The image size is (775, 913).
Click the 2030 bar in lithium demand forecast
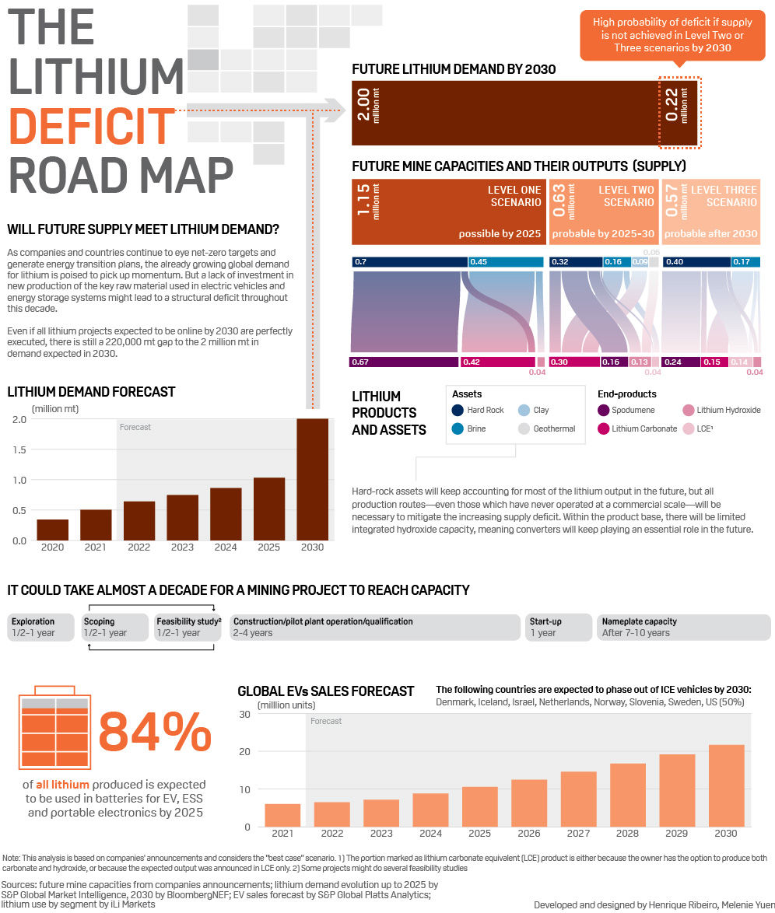313,479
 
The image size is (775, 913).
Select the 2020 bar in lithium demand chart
52,529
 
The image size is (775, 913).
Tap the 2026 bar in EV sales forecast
529,803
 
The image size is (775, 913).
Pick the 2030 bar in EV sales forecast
726,785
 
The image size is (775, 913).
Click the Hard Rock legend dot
458,410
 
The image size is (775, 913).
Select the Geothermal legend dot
524,429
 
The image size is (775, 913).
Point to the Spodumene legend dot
603,410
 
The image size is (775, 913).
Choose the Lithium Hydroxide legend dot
688,410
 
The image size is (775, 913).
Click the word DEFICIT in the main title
93,124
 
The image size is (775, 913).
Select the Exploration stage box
41,627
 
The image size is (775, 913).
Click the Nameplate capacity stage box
683,627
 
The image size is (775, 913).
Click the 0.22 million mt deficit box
679,112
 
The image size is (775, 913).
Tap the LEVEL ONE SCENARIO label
514,196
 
